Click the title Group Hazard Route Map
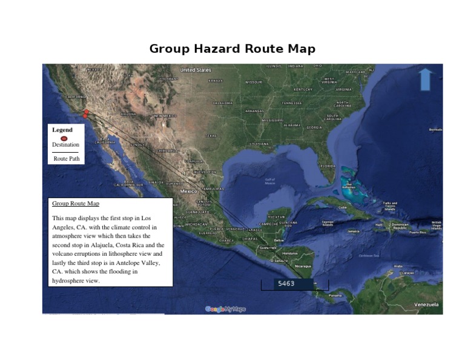pos(232,49)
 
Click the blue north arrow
pos(426,79)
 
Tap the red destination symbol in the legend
pos(64,138)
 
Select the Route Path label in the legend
pos(66,159)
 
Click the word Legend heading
pos(62,130)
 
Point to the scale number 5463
pos(286,284)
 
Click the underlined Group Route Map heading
pos(76,204)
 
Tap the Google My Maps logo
pos(225,309)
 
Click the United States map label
pos(196,70)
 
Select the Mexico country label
pos(188,191)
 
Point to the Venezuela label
pos(426,304)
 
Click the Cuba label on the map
pos(343,207)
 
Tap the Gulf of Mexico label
pos(270,180)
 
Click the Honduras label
pos(289,253)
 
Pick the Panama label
pos(335,295)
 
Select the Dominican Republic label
pos(400,226)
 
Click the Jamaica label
pos(353,231)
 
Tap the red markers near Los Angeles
pos(86,113)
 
